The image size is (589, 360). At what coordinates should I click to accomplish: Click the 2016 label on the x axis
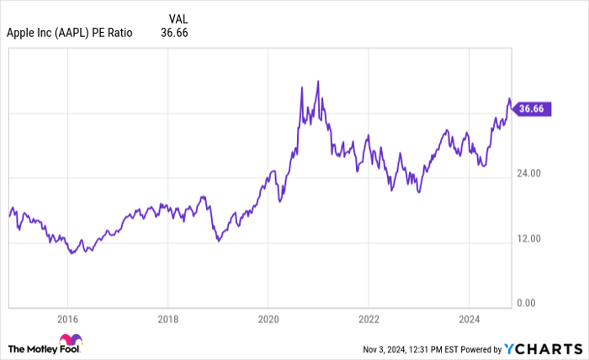pyautogui.click(x=67, y=319)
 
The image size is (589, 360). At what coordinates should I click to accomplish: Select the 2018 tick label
pyautogui.click(x=167, y=319)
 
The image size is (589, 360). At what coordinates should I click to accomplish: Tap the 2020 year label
pyautogui.click(x=268, y=319)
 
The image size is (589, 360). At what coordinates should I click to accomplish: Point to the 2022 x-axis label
pyautogui.click(x=368, y=319)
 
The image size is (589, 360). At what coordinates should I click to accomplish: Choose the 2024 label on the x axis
pyautogui.click(x=469, y=319)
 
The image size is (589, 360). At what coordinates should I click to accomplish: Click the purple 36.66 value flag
pyautogui.click(x=533, y=109)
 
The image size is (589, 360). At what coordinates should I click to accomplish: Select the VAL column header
pyautogui.click(x=178, y=18)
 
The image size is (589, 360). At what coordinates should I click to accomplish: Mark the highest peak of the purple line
pyautogui.click(x=317, y=82)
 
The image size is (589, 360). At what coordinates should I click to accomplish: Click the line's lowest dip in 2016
pyautogui.click(x=72, y=252)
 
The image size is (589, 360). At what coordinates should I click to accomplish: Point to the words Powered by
pyautogui.click(x=478, y=348)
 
